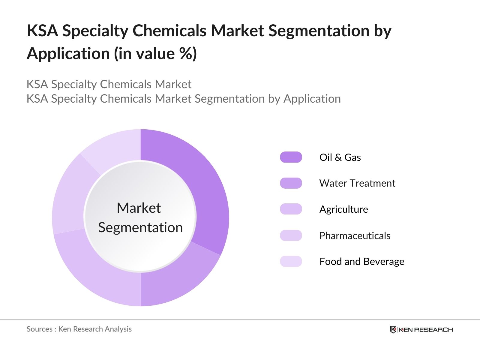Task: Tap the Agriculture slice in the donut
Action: click(96, 270)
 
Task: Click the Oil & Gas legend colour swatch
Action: click(291, 157)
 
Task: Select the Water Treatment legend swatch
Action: click(291, 183)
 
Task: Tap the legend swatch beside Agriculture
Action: click(291, 209)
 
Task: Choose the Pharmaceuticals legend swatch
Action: click(291, 235)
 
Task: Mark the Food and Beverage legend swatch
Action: click(291, 261)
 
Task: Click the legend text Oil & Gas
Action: click(340, 157)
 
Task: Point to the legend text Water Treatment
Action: click(357, 183)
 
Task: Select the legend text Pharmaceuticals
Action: click(355, 235)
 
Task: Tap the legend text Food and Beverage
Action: click(361, 261)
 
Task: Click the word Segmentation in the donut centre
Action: click(140, 227)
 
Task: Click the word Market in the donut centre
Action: click(139, 208)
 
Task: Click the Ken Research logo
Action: click(421, 329)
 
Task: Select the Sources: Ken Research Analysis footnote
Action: click(79, 329)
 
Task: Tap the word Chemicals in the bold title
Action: click(169, 31)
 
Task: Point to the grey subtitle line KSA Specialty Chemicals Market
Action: click(109, 84)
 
